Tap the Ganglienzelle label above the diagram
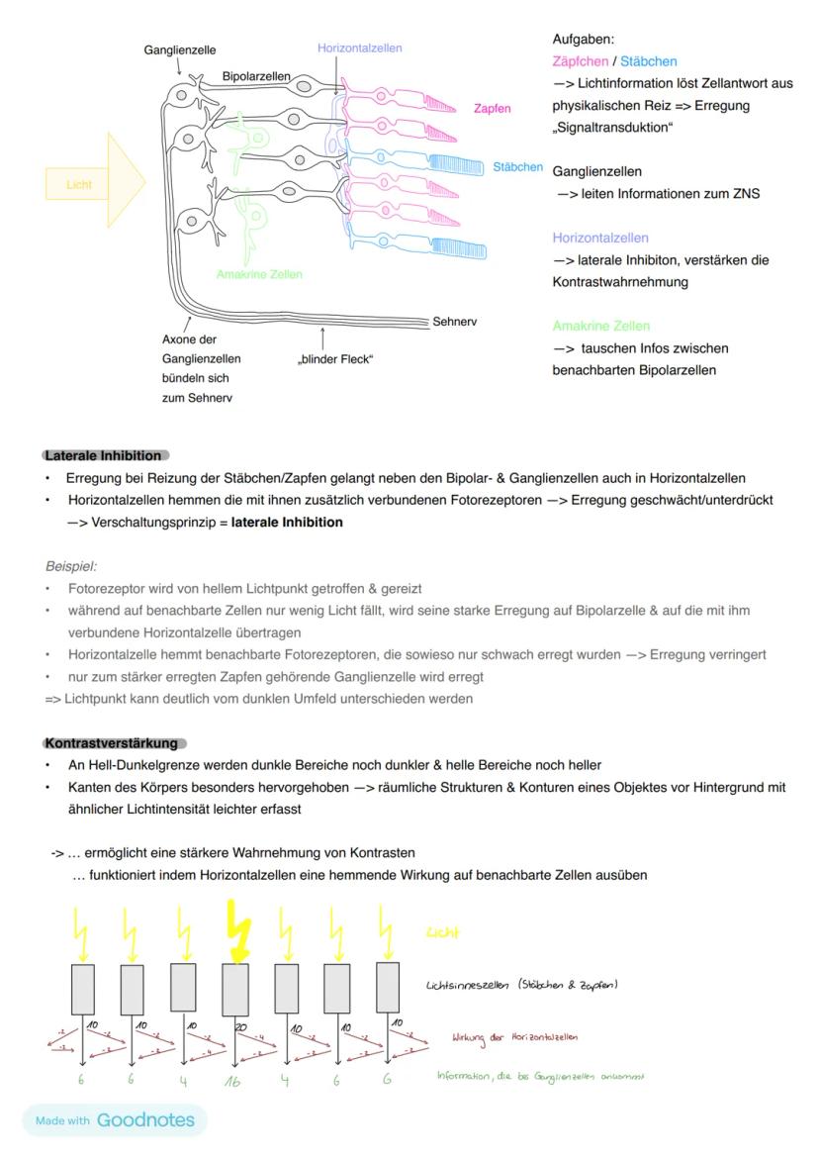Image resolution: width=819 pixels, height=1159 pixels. (180, 49)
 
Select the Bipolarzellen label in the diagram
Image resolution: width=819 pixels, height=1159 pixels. (256, 75)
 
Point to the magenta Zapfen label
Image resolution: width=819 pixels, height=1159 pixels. (492, 109)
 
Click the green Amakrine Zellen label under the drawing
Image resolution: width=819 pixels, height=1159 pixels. (259, 274)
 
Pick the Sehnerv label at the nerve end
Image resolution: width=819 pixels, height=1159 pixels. (454, 322)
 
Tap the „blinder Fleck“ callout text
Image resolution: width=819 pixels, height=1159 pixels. (335, 358)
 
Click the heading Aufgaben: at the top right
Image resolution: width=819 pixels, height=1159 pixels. (583, 40)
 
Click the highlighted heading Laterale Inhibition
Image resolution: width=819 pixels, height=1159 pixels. (103, 455)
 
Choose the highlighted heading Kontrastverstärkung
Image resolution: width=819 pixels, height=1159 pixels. (111, 742)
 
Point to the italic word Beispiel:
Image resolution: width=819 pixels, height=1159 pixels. (70, 567)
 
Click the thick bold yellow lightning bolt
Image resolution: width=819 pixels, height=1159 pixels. (235, 930)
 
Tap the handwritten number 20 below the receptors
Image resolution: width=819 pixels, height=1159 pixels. (240, 1027)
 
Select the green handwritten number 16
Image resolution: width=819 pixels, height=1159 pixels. (232, 1082)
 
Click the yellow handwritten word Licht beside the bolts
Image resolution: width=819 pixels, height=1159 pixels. (442, 932)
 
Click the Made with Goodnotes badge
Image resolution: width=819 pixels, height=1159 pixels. (115, 1120)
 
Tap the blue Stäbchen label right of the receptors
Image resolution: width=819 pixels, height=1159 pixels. (517, 167)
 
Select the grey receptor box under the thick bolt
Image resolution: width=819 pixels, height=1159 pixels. (235, 988)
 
